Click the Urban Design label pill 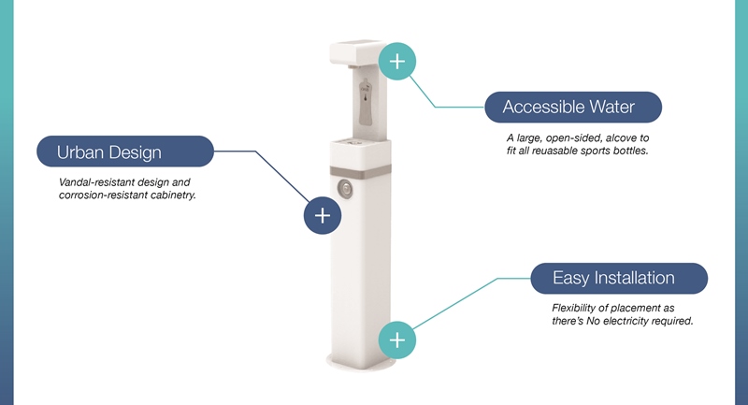pos(125,152)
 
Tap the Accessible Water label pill pos(573,107)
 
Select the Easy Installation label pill pos(619,278)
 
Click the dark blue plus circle pos(323,216)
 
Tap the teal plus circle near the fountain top pos(397,61)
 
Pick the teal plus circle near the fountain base pos(397,340)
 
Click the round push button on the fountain pos(344,189)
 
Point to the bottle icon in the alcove pos(366,102)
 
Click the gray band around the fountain pos(360,172)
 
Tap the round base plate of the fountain pos(361,364)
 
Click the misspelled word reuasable pos(547,151)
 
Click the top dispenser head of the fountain pos(358,53)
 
